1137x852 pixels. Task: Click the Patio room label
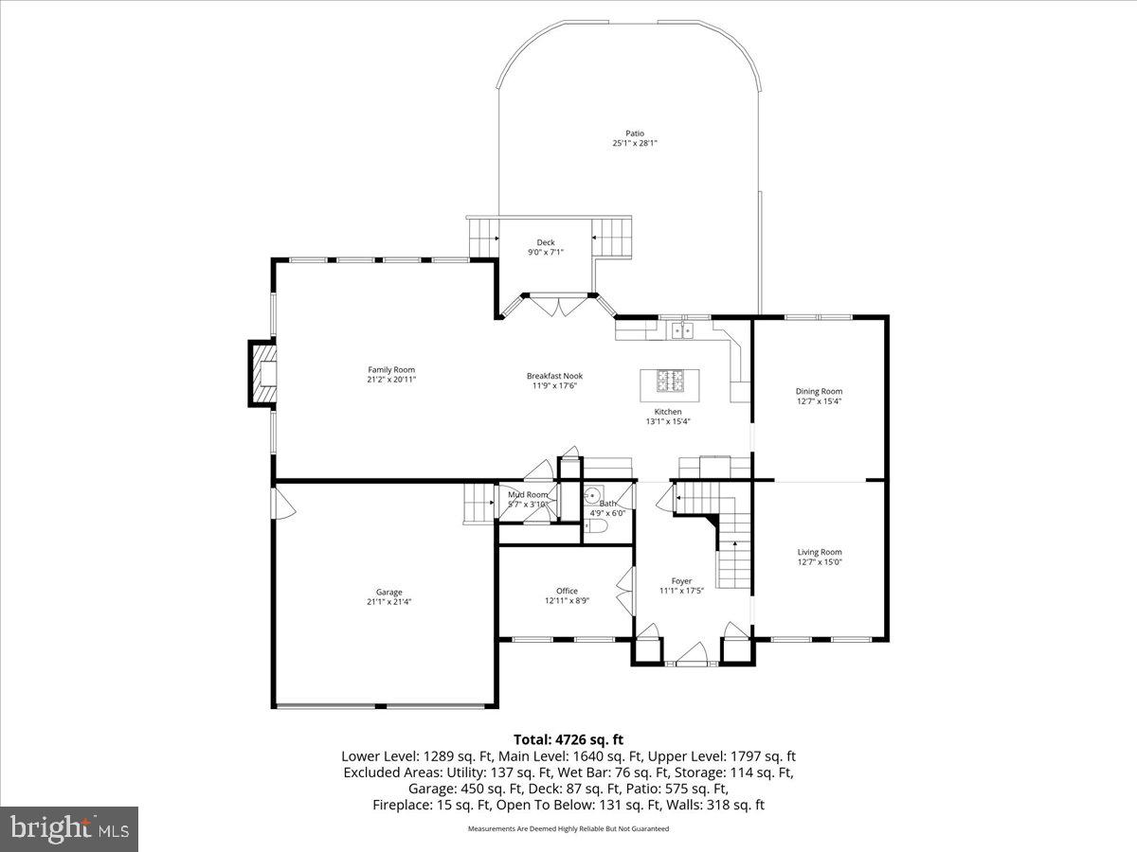[x=634, y=133]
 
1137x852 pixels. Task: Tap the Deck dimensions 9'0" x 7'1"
[x=546, y=253]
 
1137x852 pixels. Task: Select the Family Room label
[x=391, y=369]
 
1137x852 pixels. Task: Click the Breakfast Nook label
[x=554, y=376]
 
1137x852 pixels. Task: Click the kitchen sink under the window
[x=681, y=330]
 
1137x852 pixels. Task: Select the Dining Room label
[x=819, y=391]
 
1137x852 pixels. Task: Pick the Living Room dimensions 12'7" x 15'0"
[x=819, y=562]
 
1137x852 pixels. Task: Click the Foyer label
[x=681, y=580]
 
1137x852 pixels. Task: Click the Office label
[x=567, y=591]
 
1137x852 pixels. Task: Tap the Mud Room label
[x=527, y=494]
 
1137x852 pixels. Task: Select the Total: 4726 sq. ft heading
[x=568, y=739]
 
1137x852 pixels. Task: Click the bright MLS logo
[x=69, y=829]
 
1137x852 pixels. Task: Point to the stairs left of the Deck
[x=483, y=235]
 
